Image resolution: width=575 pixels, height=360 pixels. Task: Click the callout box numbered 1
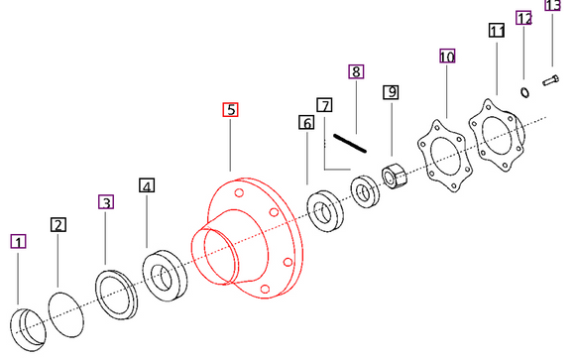click(x=19, y=241)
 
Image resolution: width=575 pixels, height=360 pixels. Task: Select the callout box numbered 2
click(x=58, y=225)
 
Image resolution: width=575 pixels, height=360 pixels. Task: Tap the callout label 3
click(x=106, y=202)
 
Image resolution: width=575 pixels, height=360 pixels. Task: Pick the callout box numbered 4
click(x=147, y=185)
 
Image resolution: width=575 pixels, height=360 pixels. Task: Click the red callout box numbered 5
click(x=230, y=110)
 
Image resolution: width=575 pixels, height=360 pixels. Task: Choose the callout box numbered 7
click(x=324, y=104)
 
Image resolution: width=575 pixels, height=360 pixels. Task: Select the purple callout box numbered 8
click(x=356, y=71)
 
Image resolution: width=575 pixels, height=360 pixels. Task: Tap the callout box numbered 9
click(x=393, y=92)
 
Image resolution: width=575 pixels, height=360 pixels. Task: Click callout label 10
click(x=447, y=58)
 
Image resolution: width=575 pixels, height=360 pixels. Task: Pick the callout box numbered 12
click(x=524, y=18)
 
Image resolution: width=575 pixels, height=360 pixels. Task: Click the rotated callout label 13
click(x=553, y=6)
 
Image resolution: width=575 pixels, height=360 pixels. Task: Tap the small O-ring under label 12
click(x=523, y=92)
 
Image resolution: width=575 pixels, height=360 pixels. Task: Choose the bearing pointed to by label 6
click(x=324, y=209)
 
